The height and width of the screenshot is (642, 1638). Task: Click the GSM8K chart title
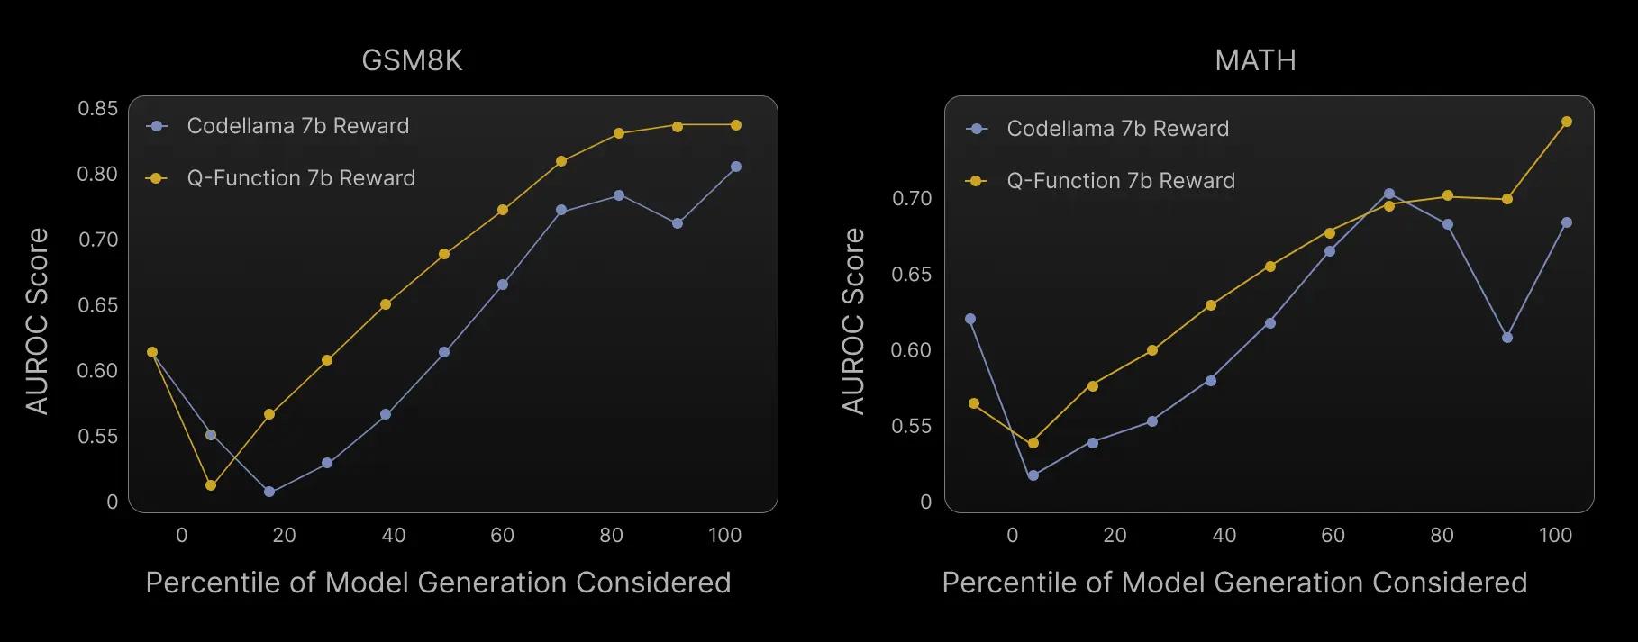click(x=412, y=60)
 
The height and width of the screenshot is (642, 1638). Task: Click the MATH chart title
click(x=1255, y=60)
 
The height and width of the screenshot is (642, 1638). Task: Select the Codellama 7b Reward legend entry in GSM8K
click(x=297, y=126)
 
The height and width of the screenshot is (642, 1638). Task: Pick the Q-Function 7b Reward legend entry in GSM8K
click(x=301, y=178)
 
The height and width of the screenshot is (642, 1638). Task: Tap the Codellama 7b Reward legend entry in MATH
click(x=1117, y=129)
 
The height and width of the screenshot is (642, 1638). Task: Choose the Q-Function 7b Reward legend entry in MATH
click(x=1121, y=181)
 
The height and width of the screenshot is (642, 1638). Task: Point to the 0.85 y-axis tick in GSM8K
click(x=98, y=109)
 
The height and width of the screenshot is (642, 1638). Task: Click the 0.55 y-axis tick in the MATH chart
click(x=912, y=426)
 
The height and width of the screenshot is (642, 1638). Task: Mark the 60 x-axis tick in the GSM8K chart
click(x=502, y=535)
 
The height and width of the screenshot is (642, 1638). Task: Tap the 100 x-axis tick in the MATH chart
click(x=1555, y=535)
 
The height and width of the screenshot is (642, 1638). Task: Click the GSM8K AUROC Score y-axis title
click(x=37, y=321)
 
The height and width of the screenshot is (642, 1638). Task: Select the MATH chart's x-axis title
click(x=1234, y=583)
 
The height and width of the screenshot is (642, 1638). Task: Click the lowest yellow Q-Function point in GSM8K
click(x=211, y=485)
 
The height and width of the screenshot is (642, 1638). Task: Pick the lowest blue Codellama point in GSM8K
click(x=268, y=492)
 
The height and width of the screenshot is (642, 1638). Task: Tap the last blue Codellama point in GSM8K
click(x=736, y=167)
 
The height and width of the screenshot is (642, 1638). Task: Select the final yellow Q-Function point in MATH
click(x=1567, y=122)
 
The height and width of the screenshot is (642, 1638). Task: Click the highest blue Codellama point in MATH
click(x=1389, y=194)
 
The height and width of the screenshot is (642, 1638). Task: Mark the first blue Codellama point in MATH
click(x=970, y=319)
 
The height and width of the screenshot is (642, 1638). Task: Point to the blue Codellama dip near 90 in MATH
click(x=1507, y=338)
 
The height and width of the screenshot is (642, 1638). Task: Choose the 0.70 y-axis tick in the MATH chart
click(x=912, y=198)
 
